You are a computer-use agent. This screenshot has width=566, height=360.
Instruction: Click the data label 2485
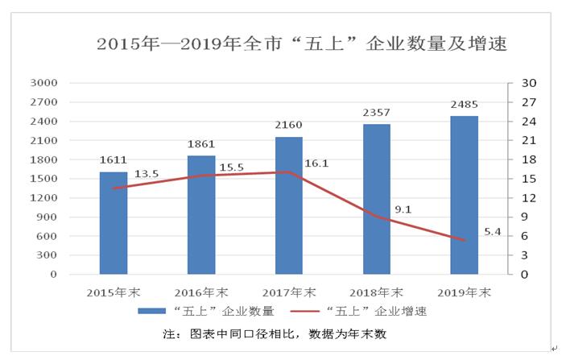pyautogui.click(x=464, y=106)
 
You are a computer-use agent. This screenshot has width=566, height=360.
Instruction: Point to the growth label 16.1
pyautogui.click(x=316, y=163)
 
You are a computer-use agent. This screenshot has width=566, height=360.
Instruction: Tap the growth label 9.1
pyautogui.click(x=403, y=210)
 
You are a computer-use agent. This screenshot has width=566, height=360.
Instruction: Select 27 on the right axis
pyautogui.click(x=529, y=102)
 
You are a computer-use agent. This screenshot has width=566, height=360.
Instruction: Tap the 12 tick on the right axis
pyautogui.click(x=529, y=198)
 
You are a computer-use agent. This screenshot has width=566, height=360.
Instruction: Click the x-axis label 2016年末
pyautogui.click(x=201, y=292)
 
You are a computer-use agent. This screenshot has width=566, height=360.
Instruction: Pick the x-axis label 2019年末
pyautogui.click(x=464, y=292)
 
